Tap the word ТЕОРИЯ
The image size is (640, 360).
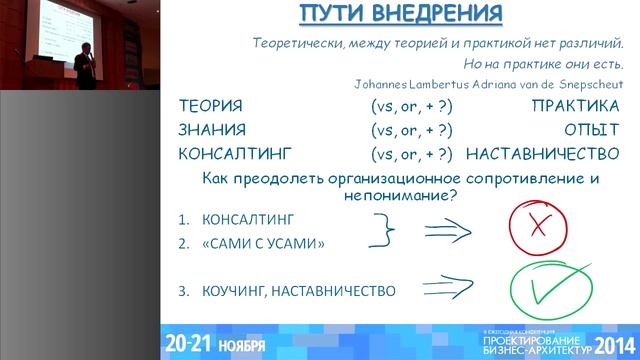[x=209, y=106]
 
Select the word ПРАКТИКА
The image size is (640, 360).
[x=575, y=106]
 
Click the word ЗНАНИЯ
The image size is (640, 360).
[x=212, y=130]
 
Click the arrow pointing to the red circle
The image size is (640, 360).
[x=448, y=231]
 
